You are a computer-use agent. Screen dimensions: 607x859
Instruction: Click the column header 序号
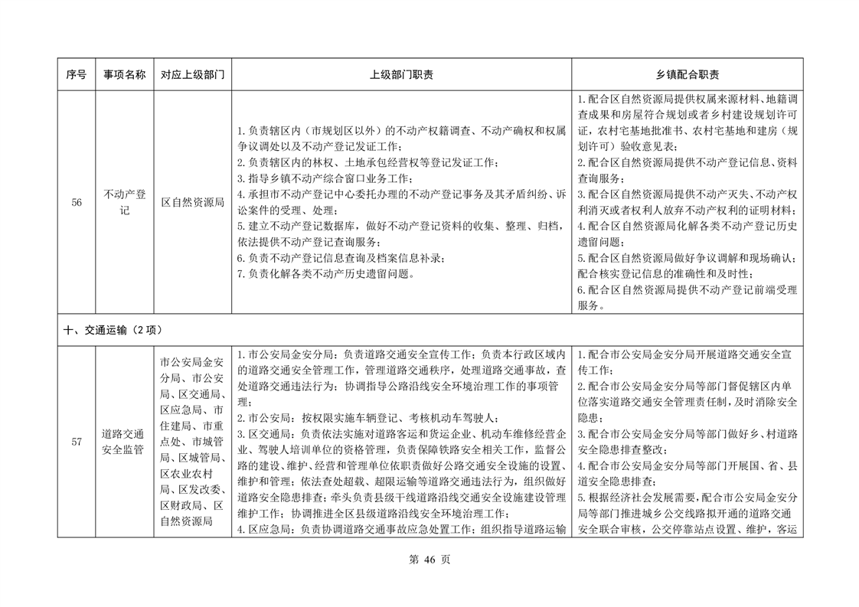pos(77,75)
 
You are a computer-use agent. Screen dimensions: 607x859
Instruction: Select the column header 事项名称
pos(125,75)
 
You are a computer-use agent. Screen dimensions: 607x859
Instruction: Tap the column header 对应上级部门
pos(192,75)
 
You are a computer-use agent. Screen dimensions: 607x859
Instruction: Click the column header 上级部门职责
pos(401,75)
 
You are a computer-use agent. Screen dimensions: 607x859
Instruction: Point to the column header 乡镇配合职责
pos(687,75)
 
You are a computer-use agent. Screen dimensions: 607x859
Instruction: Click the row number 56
pos(77,202)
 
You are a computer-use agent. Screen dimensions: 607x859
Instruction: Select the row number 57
pos(77,442)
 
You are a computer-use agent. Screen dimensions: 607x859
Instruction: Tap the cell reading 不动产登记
pos(125,202)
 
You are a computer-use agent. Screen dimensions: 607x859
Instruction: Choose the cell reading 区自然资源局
pos(192,202)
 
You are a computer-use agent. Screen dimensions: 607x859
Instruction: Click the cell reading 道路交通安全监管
pos(125,442)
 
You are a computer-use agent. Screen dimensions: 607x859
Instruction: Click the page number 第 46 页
pos(429,559)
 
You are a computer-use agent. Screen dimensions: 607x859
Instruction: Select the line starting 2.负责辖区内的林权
pos(368,162)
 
